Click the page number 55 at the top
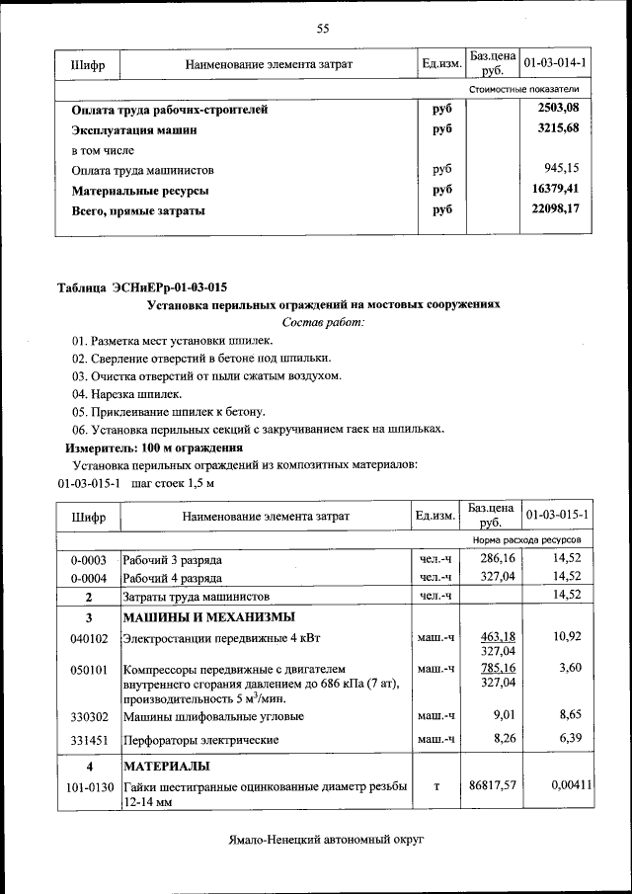(322, 28)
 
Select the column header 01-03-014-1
(556, 63)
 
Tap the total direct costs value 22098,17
(555, 209)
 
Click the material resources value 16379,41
(555, 189)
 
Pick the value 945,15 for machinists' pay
(562, 169)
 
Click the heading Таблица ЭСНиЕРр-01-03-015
(142, 287)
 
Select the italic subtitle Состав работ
(323, 322)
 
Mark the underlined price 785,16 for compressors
(498, 668)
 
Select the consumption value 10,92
(567, 637)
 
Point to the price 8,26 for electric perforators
(505, 739)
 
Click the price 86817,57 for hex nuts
(494, 786)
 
